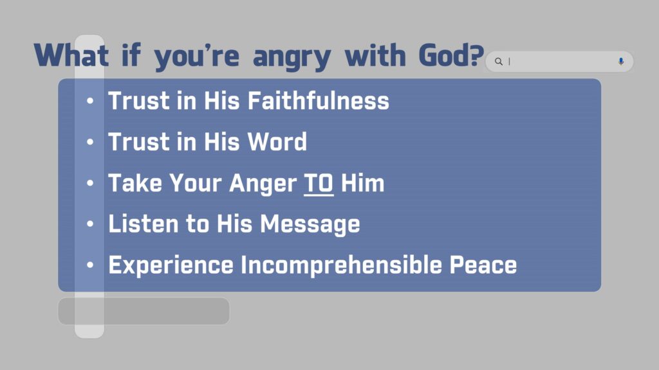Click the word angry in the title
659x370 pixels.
click(292, 57)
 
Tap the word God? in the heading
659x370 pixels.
click(451, 55)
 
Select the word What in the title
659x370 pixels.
click(71, 55)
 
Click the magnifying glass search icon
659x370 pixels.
click(499, 62)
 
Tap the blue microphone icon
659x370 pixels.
click(621, 62)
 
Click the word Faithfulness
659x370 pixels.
click(318, 101)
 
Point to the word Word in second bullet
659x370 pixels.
click(277, 141)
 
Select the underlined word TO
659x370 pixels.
click(319, 183)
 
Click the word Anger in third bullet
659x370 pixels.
click(263, 184)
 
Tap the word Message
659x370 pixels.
click(310, 224)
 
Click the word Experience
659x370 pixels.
click(171, 266)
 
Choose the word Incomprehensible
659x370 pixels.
click(341, 265)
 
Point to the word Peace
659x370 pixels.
click(483, 265)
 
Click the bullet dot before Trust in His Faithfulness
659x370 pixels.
click(90, 101)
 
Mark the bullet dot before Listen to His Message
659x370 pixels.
click(90, 224)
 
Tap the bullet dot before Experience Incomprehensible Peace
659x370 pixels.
click(90, 265)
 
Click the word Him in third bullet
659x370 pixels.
click(362, 183)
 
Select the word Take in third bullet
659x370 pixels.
click(135, 183)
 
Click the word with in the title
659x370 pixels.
click(375, 55)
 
